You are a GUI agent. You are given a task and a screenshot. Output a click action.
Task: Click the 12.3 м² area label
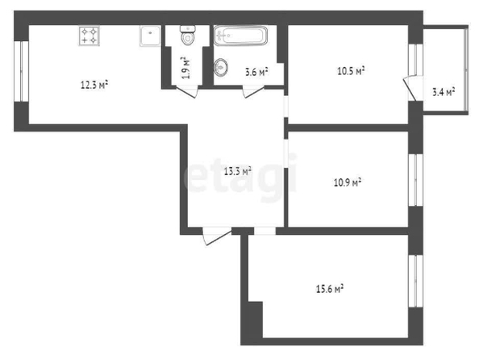pyautogui.click(x=94, y=85)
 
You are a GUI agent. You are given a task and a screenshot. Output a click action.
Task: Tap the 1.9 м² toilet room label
pyautogui.click(x=185, y=68)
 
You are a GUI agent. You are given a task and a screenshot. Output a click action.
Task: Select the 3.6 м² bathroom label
pyautogui.click(x=256, y=72)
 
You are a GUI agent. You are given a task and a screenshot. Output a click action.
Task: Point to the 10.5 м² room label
pyautogui.click(x=351, y=71)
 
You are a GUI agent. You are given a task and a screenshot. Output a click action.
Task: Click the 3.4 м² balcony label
pyautogui.click(x=444, y=92)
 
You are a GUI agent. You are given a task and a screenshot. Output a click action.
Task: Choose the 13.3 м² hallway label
pyautogui.click(x=238, y=171)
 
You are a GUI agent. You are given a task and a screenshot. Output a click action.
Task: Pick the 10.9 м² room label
pyautogui.click(x=348, y=182)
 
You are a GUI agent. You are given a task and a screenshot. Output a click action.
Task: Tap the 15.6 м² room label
pyautogui.click(x=330, y=289)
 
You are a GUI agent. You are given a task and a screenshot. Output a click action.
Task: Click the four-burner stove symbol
pyautogui.click(x=90, y=36)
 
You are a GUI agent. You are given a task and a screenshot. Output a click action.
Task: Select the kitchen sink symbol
pyautogui.click(x=150, y=36)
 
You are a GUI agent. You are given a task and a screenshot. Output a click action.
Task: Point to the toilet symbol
pyautogui.click(x=188, y=36)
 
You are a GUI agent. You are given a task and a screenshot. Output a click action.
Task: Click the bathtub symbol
pyautogui.click(x=240, y=36)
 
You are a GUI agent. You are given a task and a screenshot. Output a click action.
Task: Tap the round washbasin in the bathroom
pyautogui.click(x=221, y=67)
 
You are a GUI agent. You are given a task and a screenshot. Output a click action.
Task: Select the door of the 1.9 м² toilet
pyautogui.click(x=187, y=92)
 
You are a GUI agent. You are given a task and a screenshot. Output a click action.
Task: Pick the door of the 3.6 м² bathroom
pyautogui.click(x=253, y=92)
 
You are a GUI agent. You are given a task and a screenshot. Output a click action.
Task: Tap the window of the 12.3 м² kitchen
pyautogui.click(x=22, y=71)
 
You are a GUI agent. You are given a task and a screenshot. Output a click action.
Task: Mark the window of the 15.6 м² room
pyautogui.click(x=416, y=281)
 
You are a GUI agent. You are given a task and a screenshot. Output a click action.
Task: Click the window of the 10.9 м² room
pyautogui.click(x=416, y=180)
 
